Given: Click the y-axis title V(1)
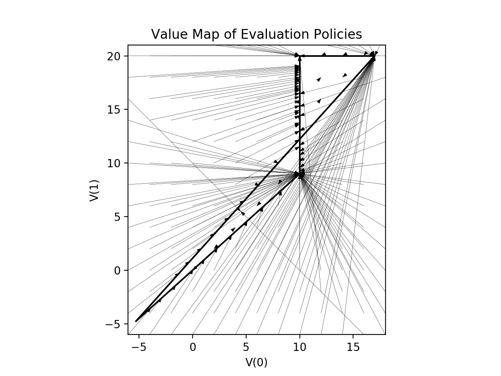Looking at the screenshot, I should [94, 190].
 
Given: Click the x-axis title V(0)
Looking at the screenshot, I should [256, 363].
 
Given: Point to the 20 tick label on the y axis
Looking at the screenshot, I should [114, 56].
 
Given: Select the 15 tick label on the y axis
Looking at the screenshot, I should [114, 109].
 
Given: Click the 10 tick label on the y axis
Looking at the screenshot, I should [114, 163].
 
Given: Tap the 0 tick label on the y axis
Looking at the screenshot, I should [116, 270].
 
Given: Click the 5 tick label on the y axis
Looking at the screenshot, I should [116, 217].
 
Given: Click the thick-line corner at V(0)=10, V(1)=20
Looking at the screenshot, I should [300, 56].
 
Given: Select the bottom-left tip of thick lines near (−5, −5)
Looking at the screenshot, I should [136, 321].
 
